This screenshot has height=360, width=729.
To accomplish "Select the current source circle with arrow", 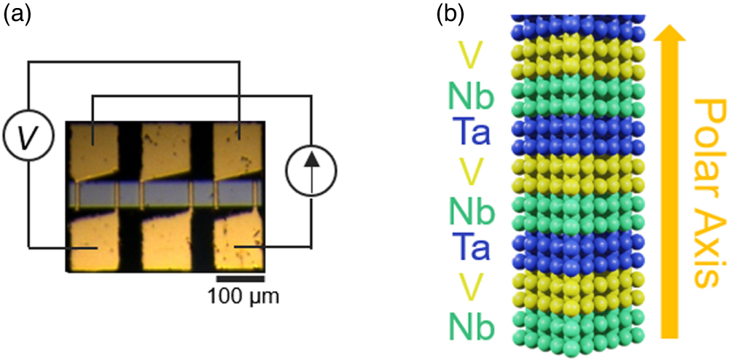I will (311, 176).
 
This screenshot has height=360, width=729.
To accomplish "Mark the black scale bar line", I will (240, 278).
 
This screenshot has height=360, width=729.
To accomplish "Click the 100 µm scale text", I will (240, 297).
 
